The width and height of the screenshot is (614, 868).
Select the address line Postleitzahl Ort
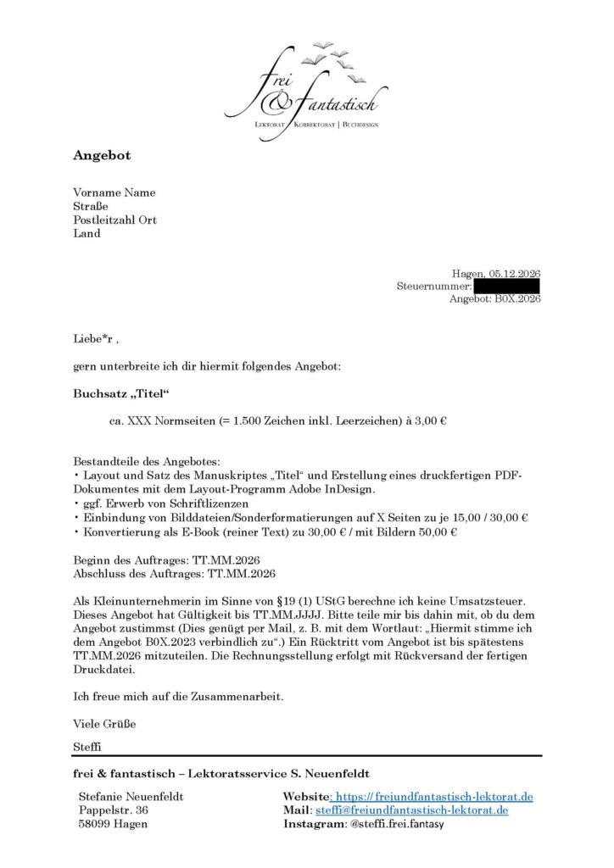click(x=114, y=220)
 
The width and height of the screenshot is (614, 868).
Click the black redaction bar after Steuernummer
click(x=506, y=287)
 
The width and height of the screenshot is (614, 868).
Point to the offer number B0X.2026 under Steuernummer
click(x=517, y=299)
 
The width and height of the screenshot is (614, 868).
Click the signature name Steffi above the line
click(x=88, y=747)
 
